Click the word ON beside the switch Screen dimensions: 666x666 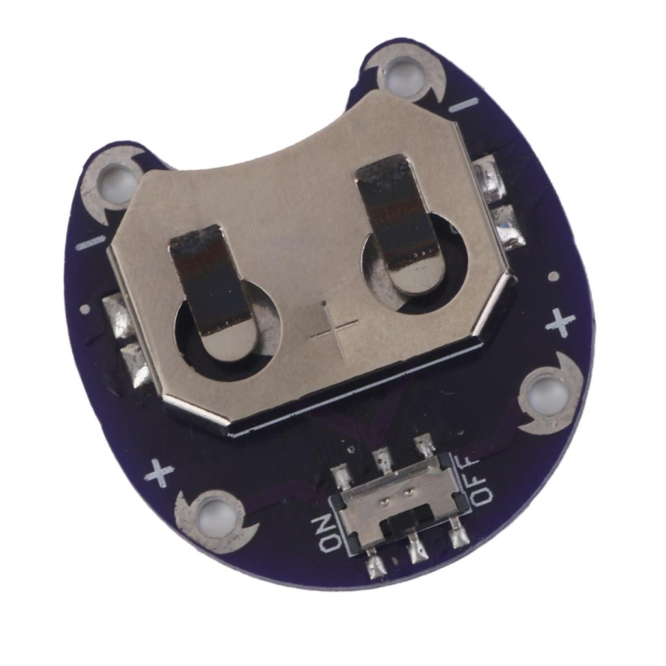point(327,533)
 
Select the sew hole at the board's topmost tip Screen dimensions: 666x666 point(403,75)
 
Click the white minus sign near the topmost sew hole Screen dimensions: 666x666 point(463,105)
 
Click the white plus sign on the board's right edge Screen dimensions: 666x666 point(560,322)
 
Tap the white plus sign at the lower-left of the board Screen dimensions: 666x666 point(159,473)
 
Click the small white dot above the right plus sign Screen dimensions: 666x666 point(553,276)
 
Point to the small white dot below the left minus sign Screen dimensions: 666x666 point(85,308)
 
